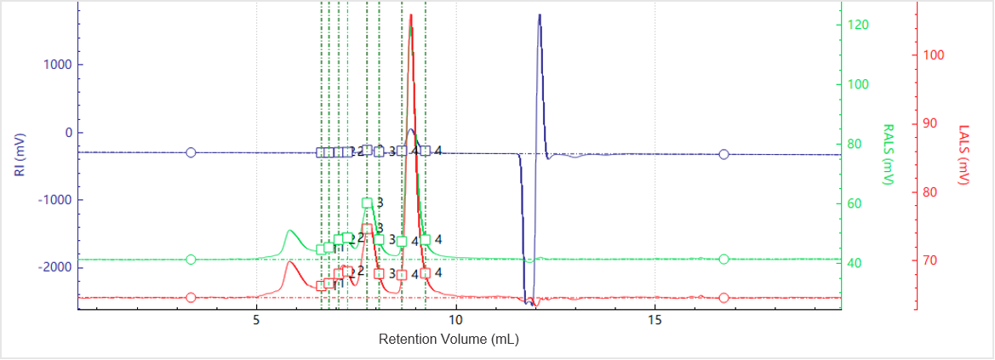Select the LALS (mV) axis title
(x=964, y=154)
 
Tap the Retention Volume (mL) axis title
(x=449, y=339)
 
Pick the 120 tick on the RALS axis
(x=857, y=25)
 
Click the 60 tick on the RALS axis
(x=855, y=203)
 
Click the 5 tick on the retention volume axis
(x=256, y=320)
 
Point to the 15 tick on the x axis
(x=655, y=320)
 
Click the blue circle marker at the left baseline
(x=191, y=152)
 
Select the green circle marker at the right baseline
(x=723, y=260)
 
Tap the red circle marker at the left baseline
(x=191, y=298)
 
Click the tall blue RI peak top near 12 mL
(x=539, y=15)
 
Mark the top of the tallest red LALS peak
(x=411, y=14)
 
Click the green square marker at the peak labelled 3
(x=367, y=203)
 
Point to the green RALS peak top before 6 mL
(x=290, y=231)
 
